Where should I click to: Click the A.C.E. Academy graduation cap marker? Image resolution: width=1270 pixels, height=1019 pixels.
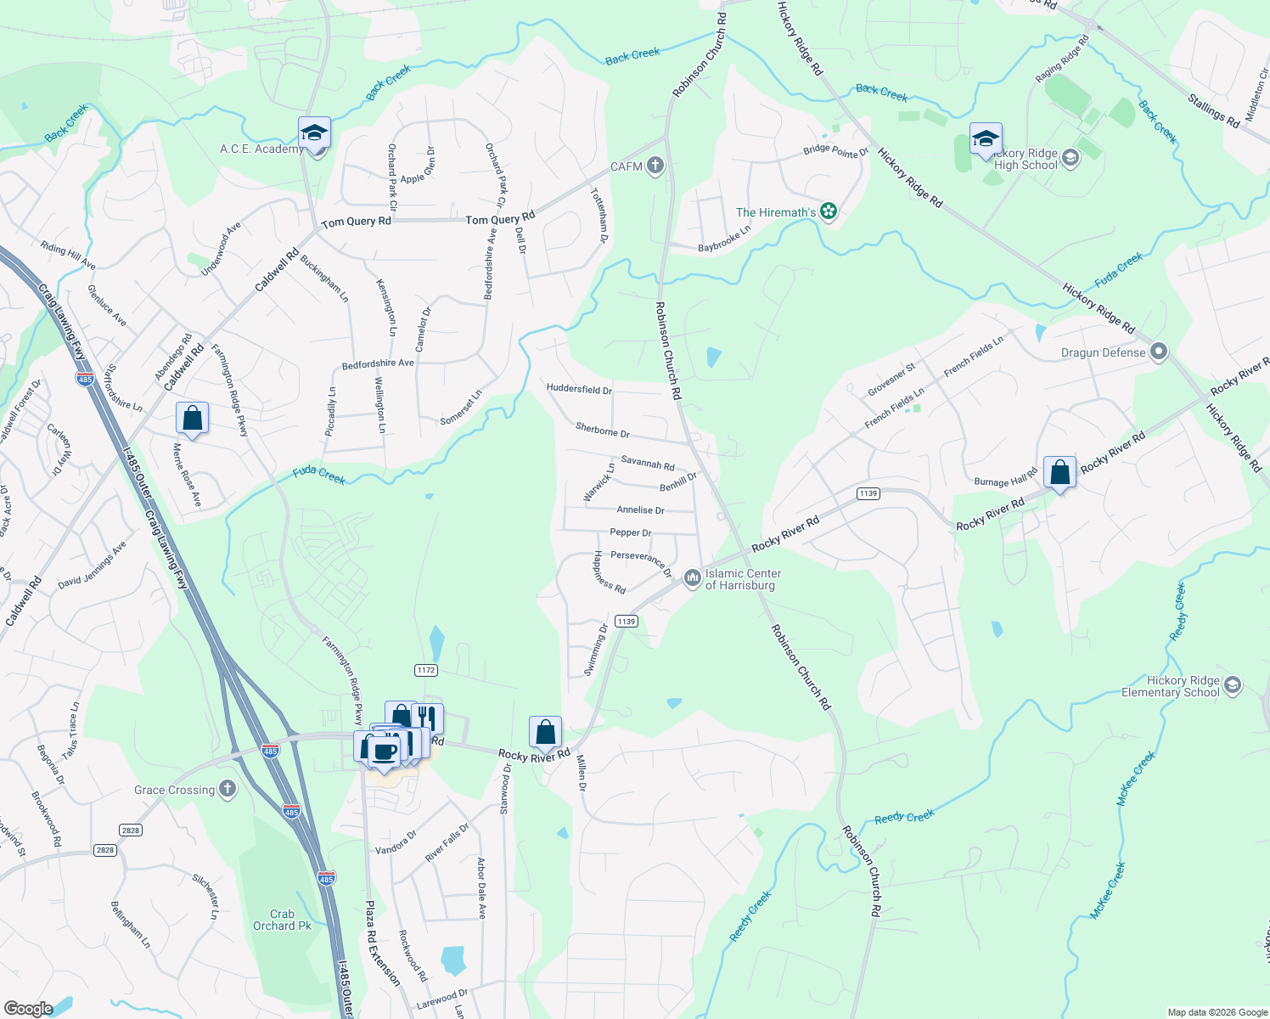(x=314, y=133)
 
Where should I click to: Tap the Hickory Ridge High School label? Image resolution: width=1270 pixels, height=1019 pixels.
(x=1026, y=160)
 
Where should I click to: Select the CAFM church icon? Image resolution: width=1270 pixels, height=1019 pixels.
(x=655, y=166)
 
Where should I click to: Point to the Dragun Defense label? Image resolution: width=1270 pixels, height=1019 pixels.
(x=1103, y=352)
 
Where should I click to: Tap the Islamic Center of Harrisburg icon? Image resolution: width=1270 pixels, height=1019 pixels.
(x=693, y=578)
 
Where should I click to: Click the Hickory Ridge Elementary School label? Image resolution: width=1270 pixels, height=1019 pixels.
(x=1171, y=686)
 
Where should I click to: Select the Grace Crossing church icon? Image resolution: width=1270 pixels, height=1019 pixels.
(x=228, y=789)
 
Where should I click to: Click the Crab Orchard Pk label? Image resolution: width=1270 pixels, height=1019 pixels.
(x=282, y=920)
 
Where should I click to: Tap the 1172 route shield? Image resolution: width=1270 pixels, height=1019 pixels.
(x=426, y=670)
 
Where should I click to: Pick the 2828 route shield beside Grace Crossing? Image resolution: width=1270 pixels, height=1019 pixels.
(x=130, y=830)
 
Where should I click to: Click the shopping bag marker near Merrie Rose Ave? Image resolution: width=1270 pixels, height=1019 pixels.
(x=192, y=419)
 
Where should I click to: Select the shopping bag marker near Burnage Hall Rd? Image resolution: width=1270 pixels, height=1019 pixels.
(x=1059, y=472)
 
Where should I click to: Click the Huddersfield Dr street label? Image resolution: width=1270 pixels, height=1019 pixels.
(x=579, y=389)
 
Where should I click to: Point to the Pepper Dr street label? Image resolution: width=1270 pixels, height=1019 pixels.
(x=631, y=532)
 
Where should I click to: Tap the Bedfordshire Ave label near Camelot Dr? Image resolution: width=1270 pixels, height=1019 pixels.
(x=378, y=363)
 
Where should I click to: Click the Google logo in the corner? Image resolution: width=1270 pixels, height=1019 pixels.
(x=28, y=1009)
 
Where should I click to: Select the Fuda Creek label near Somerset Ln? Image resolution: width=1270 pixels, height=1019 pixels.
(x=319, y=475)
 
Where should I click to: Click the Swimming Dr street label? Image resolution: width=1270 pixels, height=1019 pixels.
(x=596, y=650)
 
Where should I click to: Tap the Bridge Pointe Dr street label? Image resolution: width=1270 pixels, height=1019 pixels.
(x=836, y=151)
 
